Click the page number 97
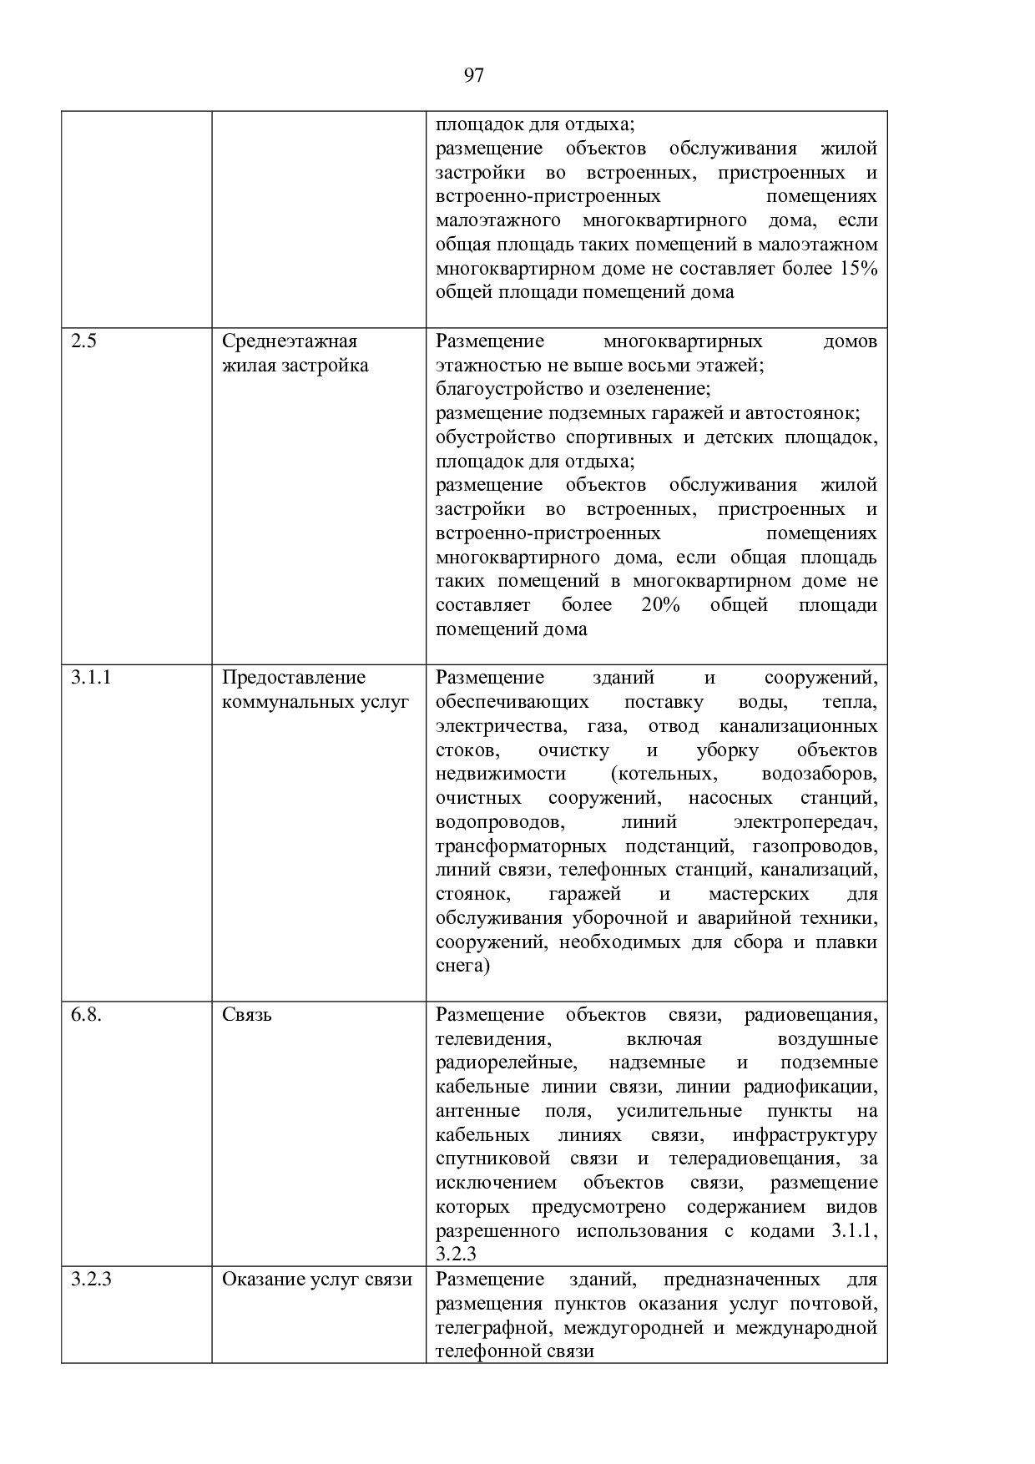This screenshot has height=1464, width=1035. (473, 76)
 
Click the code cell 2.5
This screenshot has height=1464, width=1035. (83, 341)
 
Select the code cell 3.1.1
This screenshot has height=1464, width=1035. (92, 678)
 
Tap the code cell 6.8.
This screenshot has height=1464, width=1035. (87, 1015)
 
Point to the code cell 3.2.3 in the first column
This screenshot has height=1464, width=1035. (92, 1280)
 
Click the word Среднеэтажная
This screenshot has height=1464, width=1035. (290, 341)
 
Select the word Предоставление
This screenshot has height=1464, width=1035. (294, 678)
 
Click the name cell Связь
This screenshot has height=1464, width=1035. (247, 1015)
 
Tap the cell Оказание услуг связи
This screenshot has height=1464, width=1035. (317, 1280)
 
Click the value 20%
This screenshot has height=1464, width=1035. (661, 605)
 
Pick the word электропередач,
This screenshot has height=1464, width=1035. (805, 822)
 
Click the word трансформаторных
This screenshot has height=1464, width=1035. (524, 846)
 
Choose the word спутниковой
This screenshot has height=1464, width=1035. (492, 1159)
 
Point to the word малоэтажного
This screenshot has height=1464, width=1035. (497, 220)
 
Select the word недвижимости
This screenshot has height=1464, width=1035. (501, 774)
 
